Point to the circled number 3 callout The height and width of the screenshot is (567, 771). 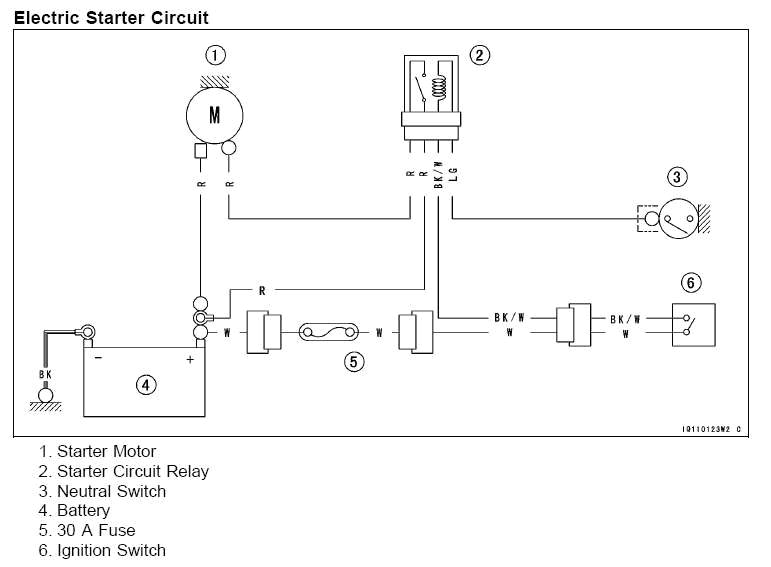point(678,177)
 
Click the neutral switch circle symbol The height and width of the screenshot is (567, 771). point(677,217)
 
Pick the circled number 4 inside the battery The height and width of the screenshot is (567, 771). point(146,384)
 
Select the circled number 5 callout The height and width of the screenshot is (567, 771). point(354,362)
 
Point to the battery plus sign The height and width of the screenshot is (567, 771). point(190,358)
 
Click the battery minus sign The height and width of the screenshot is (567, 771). point(98,358)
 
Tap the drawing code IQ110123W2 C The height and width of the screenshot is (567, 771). point(711,430)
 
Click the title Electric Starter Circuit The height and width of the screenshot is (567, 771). point(112,17)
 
